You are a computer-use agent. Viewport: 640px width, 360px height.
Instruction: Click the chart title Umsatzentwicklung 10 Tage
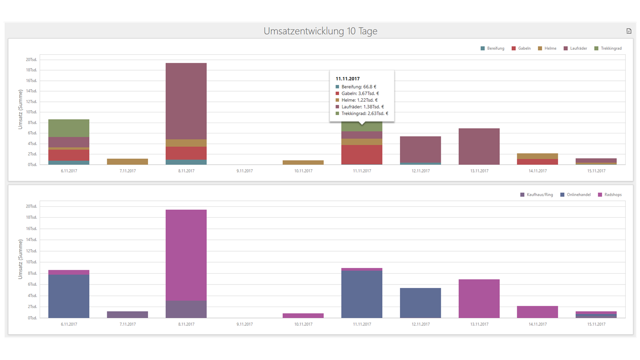[320, 31]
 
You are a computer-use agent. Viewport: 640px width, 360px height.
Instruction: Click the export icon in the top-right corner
[628, 31]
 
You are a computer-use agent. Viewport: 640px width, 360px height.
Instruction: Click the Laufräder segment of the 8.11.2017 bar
[186, 101]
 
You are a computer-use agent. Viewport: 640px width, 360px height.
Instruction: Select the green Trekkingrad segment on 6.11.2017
[69, 128]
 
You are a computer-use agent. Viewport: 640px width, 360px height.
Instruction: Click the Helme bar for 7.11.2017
[128, 162]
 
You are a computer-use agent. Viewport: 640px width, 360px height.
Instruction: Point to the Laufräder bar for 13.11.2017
[479, 146]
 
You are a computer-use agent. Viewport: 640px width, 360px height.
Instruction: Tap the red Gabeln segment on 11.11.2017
[362, 154]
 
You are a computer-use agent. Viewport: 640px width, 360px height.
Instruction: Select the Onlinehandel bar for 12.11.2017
[420, 303]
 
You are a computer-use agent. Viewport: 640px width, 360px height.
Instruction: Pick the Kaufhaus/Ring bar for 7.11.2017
[128, 315]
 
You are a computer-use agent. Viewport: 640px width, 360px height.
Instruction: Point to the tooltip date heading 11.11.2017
[348, 79]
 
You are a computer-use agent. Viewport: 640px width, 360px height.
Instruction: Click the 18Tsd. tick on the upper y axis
[31, 70]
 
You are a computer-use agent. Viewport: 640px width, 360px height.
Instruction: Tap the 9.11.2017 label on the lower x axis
[244, 324]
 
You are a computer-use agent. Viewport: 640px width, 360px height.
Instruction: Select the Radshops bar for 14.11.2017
[537, 312]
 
